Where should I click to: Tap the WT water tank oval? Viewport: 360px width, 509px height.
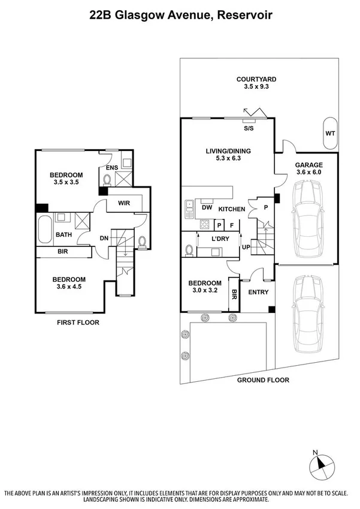[x=329, y=134]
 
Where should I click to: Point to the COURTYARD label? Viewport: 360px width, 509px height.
[x=256, y=79]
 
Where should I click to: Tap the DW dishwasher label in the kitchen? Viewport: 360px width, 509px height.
[x=207, y=208]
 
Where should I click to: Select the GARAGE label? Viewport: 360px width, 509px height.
[x=308, y=165]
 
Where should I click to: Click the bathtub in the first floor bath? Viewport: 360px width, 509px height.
[x=45, y=230]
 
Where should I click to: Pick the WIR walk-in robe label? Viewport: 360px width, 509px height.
[x=124, y=203]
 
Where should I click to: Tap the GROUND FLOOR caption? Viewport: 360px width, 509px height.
[x=263, y=380]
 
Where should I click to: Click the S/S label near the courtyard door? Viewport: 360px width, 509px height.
[x=247, y=128]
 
